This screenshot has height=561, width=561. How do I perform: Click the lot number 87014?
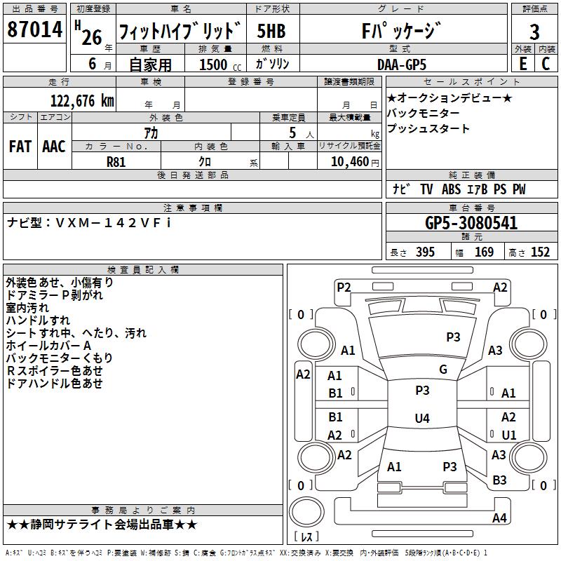click(x=34, y=29)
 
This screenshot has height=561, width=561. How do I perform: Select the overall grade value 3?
click(x=534, y=32)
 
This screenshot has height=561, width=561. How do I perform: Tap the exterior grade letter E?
click(x=522, y=64)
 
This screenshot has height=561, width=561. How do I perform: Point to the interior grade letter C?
click(x=546, y=64)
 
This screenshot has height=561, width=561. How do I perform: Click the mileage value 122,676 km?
click(x=82, y=101)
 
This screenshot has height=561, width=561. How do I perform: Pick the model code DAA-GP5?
click(x=402, y=65)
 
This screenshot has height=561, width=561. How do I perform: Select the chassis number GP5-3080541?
click(x=471, y=223)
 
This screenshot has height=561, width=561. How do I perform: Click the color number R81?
click(x=116, y=162)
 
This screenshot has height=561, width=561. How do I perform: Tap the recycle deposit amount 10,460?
click(x=350, y=162)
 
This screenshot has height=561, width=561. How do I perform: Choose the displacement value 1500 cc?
click(x=220, y=65)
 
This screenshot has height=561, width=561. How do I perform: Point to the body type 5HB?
click(x=271, y=31)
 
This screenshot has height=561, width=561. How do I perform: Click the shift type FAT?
click(x=20, y=147)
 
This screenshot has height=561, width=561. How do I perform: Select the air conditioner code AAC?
click(x=54, y=147)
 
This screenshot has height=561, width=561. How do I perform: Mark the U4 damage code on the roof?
click(x=422, y=418)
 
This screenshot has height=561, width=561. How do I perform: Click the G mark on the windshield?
click(x=443, y=370)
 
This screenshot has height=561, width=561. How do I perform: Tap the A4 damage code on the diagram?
click(x=499, y=518)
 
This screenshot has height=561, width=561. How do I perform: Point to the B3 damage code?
click(x=499, y=480)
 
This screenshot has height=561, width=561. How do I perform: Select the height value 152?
click(x=540, y=252)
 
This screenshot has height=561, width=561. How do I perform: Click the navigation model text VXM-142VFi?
click(x=114, y=223)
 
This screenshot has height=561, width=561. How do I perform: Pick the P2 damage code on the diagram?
click(x=344, y=288)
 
